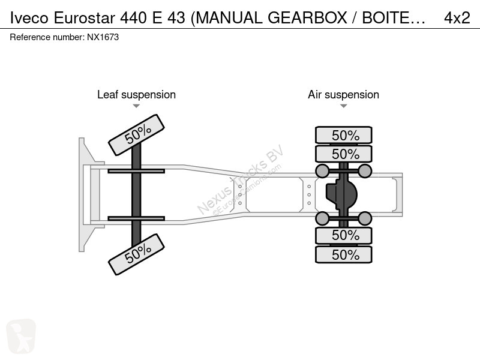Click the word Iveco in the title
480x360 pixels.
click(29, 18)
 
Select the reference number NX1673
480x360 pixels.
click(103, 37)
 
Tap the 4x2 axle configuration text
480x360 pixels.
click(457, 18)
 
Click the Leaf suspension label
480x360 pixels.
click(137, 95)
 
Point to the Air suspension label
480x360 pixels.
click(343, 95)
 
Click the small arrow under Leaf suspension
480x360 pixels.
click(136, 106)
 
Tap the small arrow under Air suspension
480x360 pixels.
click(343, 106)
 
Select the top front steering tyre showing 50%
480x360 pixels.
click(137, 135)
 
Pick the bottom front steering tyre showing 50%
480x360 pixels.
click(137, 254)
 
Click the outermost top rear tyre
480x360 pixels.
click(344, 135)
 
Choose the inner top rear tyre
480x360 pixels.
click(344, 154)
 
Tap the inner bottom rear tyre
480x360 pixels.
click(344, 235)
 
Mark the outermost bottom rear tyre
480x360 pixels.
click(344, 254)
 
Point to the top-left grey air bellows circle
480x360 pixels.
click(322, 171)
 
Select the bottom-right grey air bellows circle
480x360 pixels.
click(365, 218)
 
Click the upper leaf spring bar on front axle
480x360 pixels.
click(136, 171)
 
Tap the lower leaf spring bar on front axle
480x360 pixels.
click(136, 218)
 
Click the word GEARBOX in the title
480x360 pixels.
click(307, 18)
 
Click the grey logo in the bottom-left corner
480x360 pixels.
click(21, 336)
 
